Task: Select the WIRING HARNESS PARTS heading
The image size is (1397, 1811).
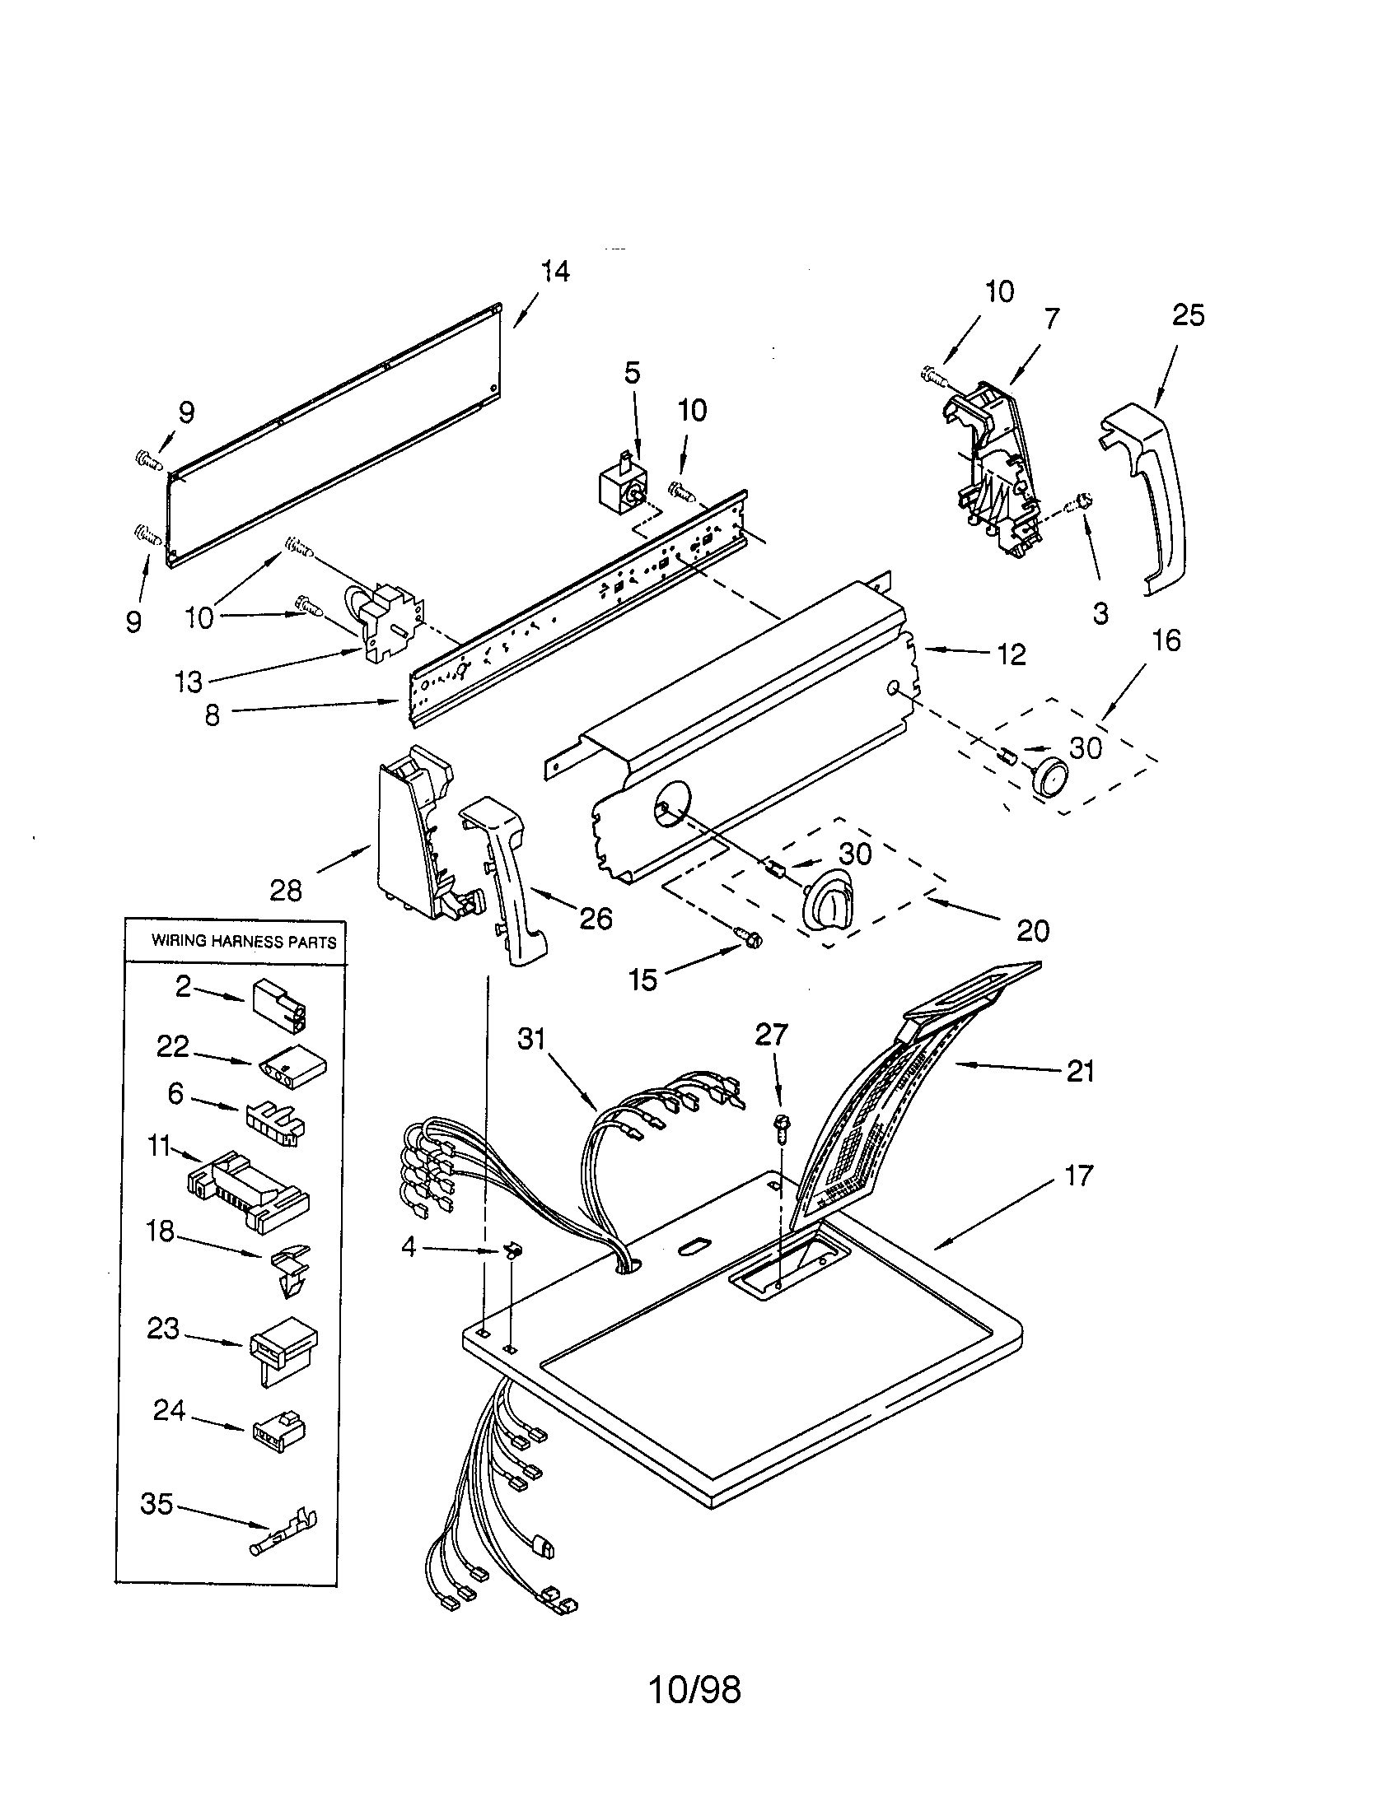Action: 243,942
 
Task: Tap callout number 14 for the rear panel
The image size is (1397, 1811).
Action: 555,271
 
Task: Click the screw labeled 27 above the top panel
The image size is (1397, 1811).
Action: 780,1124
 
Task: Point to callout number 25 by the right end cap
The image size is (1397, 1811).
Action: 1188,315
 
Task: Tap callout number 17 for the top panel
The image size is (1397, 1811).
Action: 1078,1175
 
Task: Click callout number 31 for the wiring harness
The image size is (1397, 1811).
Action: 531,1038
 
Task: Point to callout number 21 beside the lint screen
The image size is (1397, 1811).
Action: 1080,1071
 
